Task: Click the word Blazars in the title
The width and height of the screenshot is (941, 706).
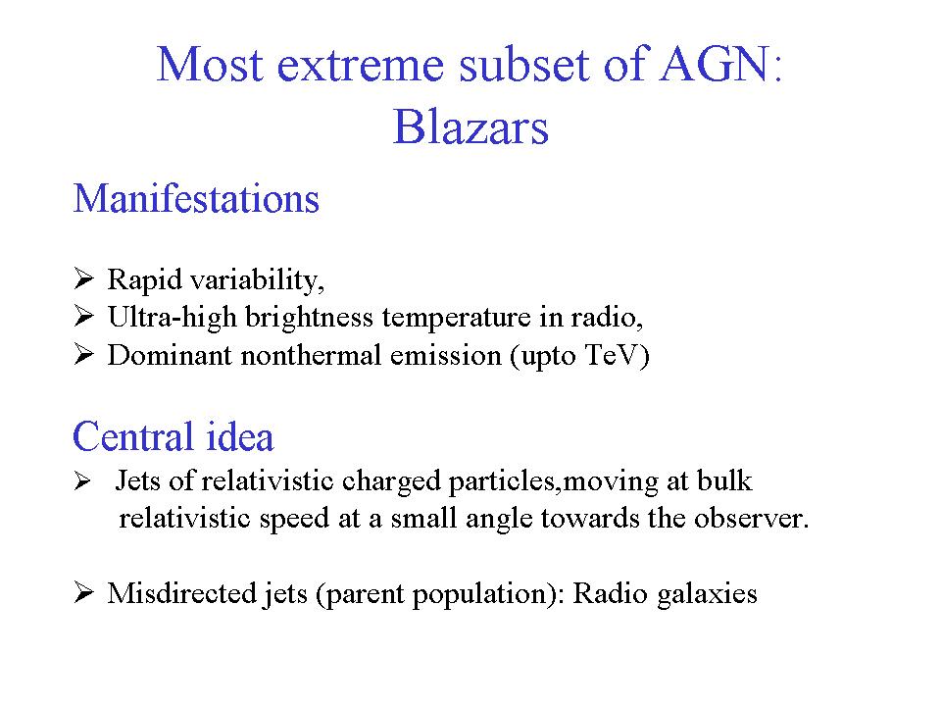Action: click(x=470, y=127)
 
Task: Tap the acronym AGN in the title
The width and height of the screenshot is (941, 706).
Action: click(x=715, y=64)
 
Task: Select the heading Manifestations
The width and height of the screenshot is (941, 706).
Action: click(x=196, y=199)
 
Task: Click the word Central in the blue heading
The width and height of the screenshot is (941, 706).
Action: click(x=131, y=436)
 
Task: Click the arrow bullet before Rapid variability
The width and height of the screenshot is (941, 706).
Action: click(x=83, y=278)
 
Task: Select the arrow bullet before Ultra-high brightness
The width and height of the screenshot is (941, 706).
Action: click(x=83, y=316)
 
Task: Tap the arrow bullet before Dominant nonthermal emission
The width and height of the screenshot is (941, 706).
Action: click(x=83, y=354)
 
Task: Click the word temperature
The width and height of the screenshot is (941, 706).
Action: click(x=456, y=318)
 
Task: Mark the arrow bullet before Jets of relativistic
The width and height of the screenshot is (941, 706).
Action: click(x=82, y=480)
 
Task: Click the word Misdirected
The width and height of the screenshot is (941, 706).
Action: click(x=182, y=593)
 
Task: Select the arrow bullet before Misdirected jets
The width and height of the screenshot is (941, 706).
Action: click(x=83, y=592)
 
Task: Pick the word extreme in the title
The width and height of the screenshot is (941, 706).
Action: click(x=360, y=65)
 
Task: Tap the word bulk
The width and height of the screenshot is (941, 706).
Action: click(x=724, y=480)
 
